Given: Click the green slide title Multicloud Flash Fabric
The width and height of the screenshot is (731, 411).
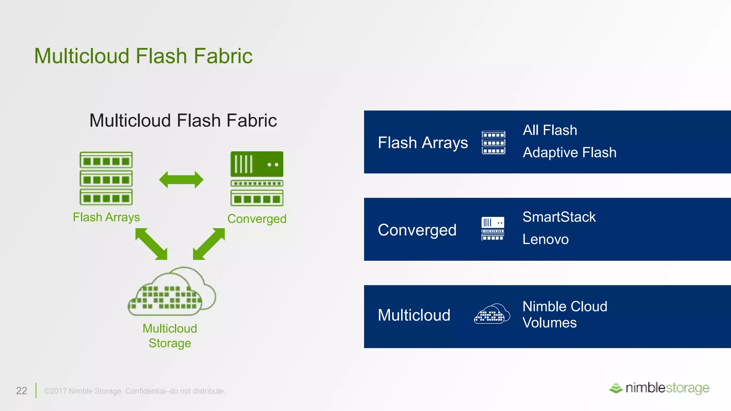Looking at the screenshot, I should [x=143, y=56].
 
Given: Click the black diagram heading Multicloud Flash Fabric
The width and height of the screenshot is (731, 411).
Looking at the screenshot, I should [x=183, y=121].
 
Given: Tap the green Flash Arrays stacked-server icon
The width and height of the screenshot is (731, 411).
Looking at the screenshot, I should [x=106, y=178].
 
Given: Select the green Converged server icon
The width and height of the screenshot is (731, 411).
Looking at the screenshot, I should [x=257, y=178].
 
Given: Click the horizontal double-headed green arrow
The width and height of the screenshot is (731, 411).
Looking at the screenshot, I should [x=181, y=179].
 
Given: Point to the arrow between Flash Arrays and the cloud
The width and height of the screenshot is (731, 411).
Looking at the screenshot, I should [x=151, y=244].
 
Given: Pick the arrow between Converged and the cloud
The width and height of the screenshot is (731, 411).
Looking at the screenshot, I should [x=209, y=244].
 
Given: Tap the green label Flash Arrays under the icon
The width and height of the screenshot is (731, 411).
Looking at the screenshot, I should [x=106, y=217].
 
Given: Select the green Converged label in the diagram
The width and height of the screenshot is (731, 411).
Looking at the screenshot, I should [x=257, y=219].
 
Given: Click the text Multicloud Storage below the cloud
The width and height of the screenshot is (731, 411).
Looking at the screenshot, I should [x=170, y=336].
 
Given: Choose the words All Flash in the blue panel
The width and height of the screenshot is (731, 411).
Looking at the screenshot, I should [x=550, y=130].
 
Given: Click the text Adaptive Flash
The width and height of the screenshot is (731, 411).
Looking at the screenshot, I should [x=569, y=153].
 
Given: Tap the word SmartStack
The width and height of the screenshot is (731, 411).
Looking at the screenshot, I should [x=559, y=217].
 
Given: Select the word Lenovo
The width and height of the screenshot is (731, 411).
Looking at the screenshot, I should [x=545, y=239].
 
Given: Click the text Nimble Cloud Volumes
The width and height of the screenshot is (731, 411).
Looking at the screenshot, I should [x=564, y=314].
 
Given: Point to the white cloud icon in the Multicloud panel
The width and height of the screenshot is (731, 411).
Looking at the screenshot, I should [x=492, y=314].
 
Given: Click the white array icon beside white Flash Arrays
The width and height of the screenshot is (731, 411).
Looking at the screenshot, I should [x=493, y=142].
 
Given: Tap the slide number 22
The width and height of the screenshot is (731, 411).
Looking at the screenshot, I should [x=21, y=391].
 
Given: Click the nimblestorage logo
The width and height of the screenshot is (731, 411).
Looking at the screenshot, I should [x=659, y=388].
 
